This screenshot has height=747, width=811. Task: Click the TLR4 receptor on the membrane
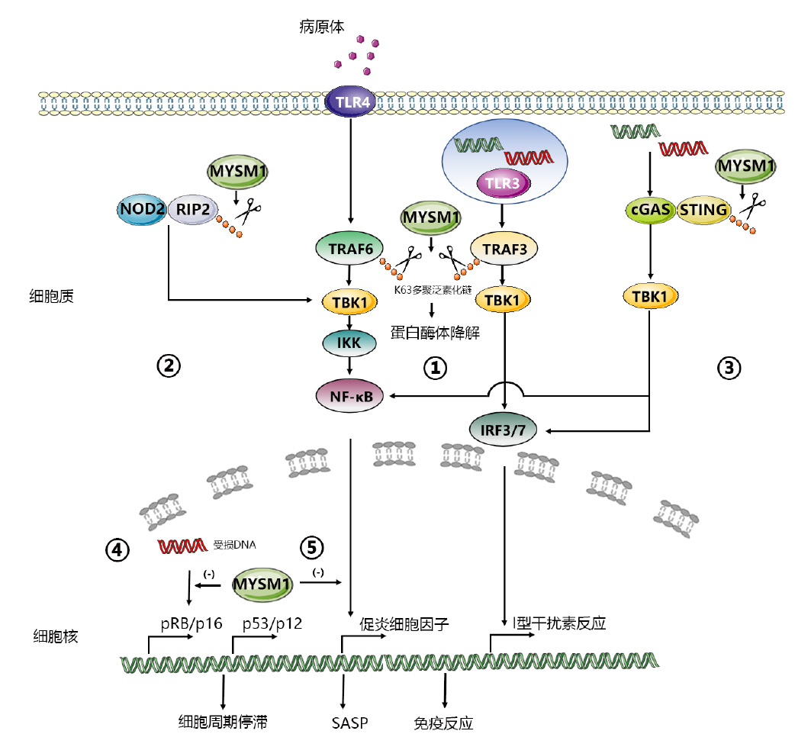349,101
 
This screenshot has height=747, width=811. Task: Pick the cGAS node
648,210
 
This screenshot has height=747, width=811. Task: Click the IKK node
349,343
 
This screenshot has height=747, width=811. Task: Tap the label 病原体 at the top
321,27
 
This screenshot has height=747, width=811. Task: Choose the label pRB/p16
191,623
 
